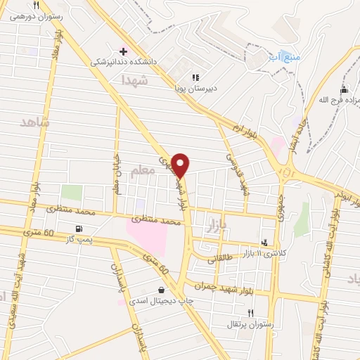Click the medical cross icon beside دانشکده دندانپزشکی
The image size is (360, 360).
click(x=124, y=51)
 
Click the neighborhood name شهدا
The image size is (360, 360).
click(x=136, y=82)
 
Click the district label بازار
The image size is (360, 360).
click(x=219, y=226)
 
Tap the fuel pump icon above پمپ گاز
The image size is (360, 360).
click(x=77, y=228)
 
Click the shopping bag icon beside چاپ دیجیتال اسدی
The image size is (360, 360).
click(x=162, y=289)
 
